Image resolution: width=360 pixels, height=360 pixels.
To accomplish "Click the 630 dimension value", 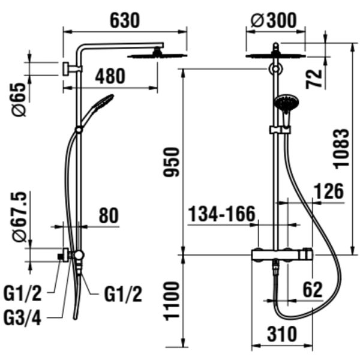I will pyautogui.click(x=124, y=20).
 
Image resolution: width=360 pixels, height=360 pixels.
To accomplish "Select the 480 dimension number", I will pyautogui.click(x=110, y=77).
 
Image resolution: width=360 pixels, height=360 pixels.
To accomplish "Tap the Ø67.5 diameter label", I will pyautogui.click(x=19, y=216).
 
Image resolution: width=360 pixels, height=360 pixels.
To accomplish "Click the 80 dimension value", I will pyautogui.click(x=109, y=215).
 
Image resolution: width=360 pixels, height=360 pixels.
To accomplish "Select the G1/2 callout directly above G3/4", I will pyautogui.click(x=23, y=294).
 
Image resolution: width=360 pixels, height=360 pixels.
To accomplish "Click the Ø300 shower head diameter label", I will pyautogui.click(x=274, y=20).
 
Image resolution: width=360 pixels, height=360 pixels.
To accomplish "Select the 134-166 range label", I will pyautogui.click(x=222, y=214).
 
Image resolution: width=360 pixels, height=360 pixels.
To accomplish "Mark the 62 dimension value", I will pyautogui.click(x=313, y=290).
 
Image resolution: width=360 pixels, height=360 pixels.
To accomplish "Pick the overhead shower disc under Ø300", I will pyautogui.click(x=275, y=56).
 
